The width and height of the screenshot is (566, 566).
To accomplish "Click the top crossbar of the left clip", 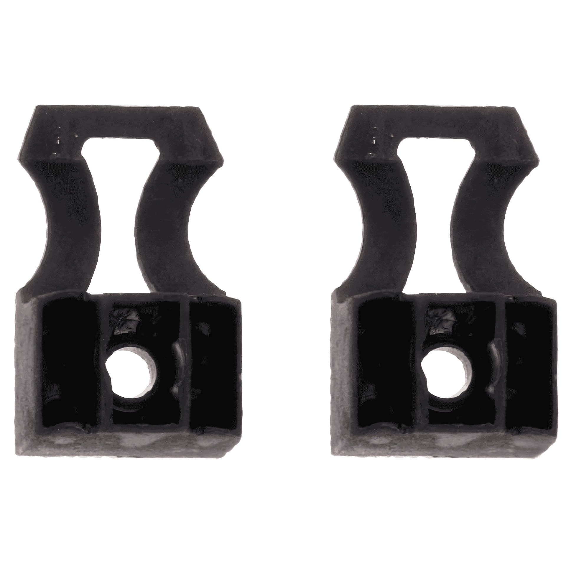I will pyautogui.click(x=118, y=121).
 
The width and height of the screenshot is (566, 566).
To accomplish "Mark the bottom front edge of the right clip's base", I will pyautogui.click(x=442, y=442).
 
